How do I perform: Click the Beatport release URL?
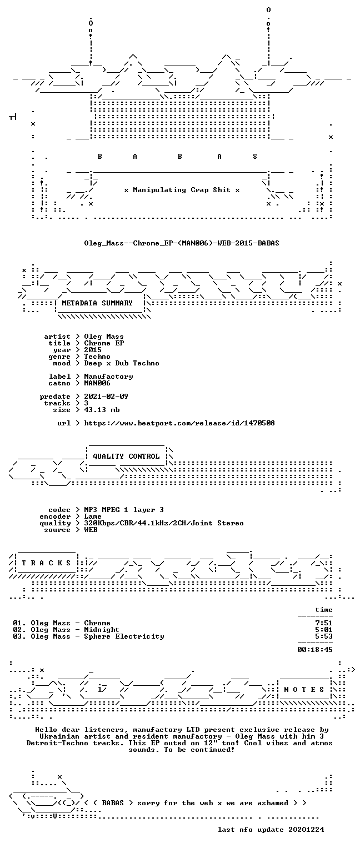(x=179, y=423)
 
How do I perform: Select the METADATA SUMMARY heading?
(x=97, y=303)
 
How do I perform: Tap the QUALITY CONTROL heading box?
(x=127, y=456)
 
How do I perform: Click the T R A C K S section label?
(x=47, y=563)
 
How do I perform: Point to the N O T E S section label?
(x=304, y=690)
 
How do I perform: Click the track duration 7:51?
(x=324, y=623)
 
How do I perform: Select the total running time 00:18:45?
(x=315, y=650)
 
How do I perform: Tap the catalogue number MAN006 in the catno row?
(x=97, y=383)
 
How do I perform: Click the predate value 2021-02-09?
(x=106, y=397)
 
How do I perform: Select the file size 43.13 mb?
(x=102, y=410)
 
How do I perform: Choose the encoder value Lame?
(x=93, y=516)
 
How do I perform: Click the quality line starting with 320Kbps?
(x=164, y=523)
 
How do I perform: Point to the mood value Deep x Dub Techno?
(x=122, y=363)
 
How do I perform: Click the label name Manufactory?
(x=108, y=377)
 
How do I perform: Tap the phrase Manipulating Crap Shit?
(x=182, y=190)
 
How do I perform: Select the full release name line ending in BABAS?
(x=182, y=243)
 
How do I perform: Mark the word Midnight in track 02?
(x=102, y=630)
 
